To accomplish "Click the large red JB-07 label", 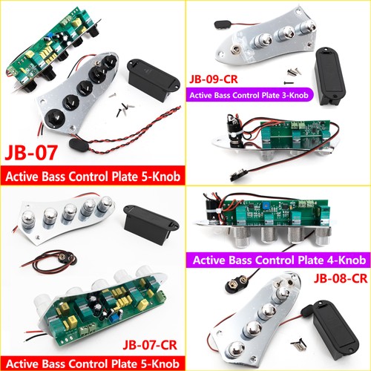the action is [31, 153].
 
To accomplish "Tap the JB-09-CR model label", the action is [214, 79].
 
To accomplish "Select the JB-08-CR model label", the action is [341, 279].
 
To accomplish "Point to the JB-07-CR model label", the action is [150, 345].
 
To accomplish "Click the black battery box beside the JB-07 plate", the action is [154, 79].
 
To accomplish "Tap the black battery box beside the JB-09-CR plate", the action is [330, 76].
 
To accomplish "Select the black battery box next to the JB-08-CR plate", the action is [332, 329].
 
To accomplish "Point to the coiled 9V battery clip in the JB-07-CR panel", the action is [50, 261].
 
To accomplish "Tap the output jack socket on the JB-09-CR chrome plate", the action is [235, 50].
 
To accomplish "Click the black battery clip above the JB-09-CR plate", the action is [222, 24].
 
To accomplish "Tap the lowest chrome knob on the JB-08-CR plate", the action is [236, 349].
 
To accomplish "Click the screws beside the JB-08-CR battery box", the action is [299, 344].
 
